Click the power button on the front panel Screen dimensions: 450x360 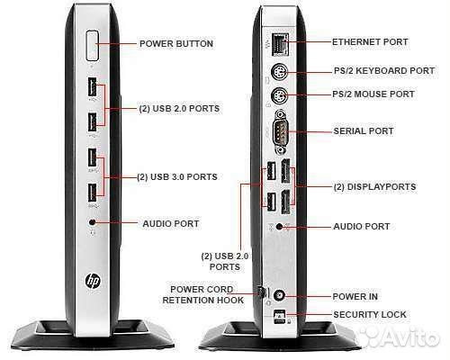(92, 45)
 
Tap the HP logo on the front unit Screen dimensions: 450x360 (93, 281)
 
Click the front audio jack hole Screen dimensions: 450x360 (92, 222)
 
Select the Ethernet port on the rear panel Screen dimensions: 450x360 (281, 44)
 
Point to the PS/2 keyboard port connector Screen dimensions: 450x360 (279, 72)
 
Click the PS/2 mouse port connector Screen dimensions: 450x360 (279, 96)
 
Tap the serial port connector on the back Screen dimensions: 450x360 (281, 131)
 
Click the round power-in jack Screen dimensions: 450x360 (280, 296)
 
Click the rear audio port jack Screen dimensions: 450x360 (280, 227)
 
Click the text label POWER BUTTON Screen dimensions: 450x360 (176, 44)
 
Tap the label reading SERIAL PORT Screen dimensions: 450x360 (364, 131)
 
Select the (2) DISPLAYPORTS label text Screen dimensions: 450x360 (375, 187)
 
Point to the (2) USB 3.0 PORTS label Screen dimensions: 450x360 (177, 177)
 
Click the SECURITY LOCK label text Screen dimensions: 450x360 (370, 315)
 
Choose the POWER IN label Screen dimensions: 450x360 (355, 297)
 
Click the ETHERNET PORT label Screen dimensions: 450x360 (370, 42)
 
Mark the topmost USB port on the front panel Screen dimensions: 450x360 (92, 87)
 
